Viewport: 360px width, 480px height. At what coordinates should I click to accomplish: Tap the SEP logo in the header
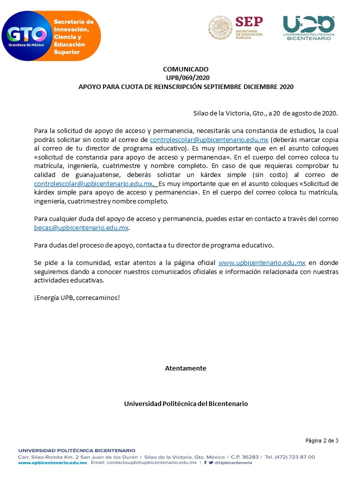pos(235,27)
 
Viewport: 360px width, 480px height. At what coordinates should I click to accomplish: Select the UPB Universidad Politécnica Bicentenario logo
pos(308,28)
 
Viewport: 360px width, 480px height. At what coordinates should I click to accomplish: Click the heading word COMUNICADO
pos(185,69)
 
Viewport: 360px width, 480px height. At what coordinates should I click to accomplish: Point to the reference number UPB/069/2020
pos(185,77)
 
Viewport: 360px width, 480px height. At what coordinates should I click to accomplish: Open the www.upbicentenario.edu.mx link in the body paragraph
pos(262,262)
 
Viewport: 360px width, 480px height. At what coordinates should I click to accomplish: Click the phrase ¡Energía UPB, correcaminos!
pos(77,297)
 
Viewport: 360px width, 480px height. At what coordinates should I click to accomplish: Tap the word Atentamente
pos(185,368)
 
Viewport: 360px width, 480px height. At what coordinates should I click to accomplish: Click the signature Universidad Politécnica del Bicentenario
pos(185,403)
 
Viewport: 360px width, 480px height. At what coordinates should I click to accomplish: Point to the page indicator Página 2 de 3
pos(322,440)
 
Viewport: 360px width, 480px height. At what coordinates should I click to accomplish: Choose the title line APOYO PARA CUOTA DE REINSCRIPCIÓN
pos(185,86)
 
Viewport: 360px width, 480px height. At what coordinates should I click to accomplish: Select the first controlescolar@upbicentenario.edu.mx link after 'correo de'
pos(209,139)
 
